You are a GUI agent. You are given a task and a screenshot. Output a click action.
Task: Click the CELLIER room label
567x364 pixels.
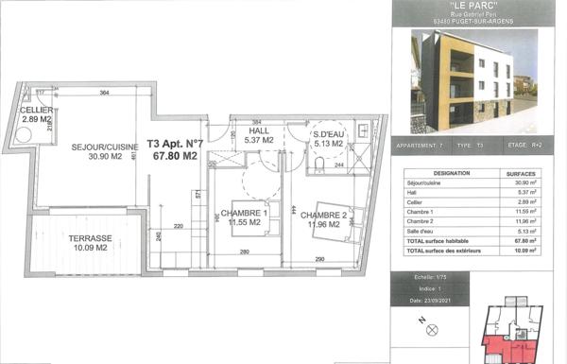pyautogui.click(x=36, y=111)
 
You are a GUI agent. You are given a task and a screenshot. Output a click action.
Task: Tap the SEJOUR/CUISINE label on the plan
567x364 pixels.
pyautogui.click(x=105, y=147)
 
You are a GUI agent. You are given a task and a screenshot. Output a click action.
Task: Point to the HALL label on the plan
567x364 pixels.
pyautogui.click(x=257, y=131)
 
